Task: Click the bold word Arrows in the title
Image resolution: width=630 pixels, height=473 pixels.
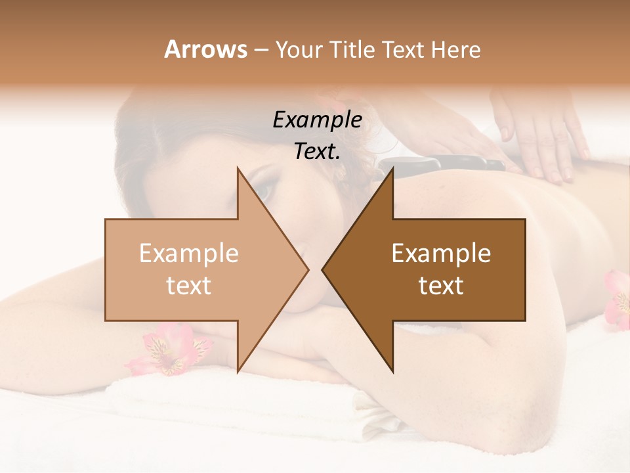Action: point(205,49)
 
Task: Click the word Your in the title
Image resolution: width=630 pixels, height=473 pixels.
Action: point(299,49)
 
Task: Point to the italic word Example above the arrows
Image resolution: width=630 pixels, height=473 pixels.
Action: point(317,120)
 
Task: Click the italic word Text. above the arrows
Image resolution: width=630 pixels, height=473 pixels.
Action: point(317,151)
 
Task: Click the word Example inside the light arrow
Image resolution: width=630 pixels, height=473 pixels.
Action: point(189,254)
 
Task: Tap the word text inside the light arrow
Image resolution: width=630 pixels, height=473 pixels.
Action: point(189,286)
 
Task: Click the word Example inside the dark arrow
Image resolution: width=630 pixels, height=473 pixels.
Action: point(441,254)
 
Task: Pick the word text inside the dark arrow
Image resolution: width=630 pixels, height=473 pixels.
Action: point(441,286)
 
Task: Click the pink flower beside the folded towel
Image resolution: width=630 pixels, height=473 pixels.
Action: point(167,348)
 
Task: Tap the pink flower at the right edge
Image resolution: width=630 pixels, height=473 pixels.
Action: point(617,299)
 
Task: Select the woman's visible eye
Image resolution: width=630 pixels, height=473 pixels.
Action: point(262,190)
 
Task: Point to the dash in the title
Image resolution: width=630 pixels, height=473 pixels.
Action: point(261,51)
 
